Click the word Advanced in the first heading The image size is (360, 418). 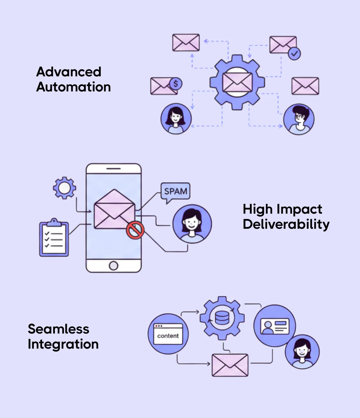pyautogui.click(x=69, y=72)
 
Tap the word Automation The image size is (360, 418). pyautogui.click(x=73, y=87)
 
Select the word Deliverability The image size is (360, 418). pyautogui.click(x=286, y=224)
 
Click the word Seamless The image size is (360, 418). pyautogui.click(x=58, y=329)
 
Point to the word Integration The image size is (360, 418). pyautogui.click(x=63, y=344)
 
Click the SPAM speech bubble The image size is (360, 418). pyautogui.click(x=175, y=191)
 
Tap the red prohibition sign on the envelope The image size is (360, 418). pyautogui.click(x=135, y=230)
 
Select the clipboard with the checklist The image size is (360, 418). pyautogui.click(x=54, y=238)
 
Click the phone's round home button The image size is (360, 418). pyautogui.click(x=114, y=265)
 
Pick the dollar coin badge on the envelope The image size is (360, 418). pyautogui.click(x=175, y=84)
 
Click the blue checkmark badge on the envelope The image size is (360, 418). pyautogui.click(x=294, y=53)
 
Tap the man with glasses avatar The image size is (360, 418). pyautogui.click(x=299, y=119)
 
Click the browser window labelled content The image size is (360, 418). pyautogui.click(x=168, y=334)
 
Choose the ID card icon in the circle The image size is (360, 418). pyautogui.click(x=275, y=326)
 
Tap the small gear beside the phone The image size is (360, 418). pyautogui.click(x=64, y=188)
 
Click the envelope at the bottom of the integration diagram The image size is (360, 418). pyautogui.click(x=230, y=365)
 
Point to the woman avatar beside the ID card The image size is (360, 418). pyautogui.click(x=302, y=352)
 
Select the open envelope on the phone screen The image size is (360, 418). pyautogui.click(x=114, y=210)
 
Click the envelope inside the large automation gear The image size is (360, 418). pyautogui.click(x=237, y=82)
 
